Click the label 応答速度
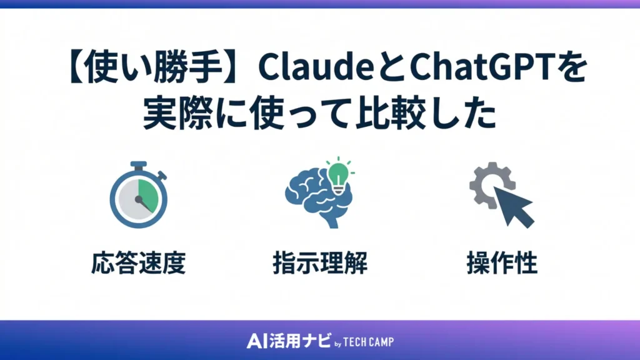[x=137, y=264]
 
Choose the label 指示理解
[x=320, y=264]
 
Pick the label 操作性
[x=502, y=264]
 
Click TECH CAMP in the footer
[x=369, y=342]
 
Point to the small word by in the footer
[x=337, y=343]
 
